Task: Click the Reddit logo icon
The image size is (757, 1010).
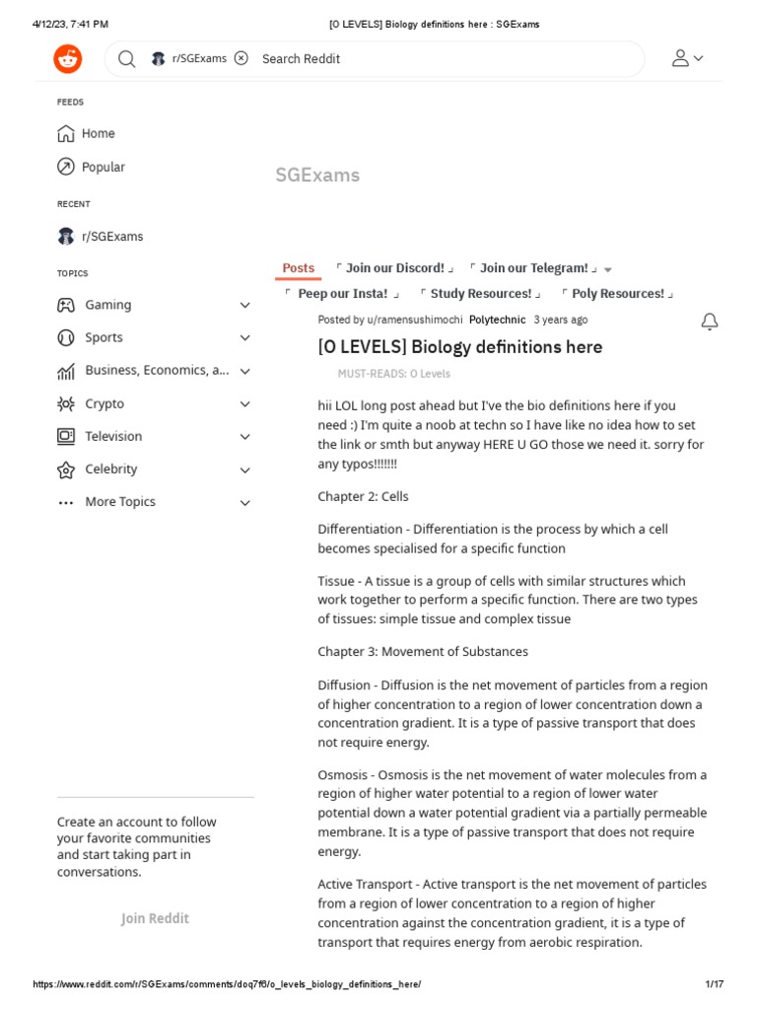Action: click(x=68, y=59)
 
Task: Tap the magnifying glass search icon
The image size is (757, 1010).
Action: click(x=127, y=59)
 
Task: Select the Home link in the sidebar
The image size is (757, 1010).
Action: click(x=98, y=133)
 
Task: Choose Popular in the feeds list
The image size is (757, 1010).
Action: click(x=103, y=167)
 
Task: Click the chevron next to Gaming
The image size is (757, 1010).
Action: click(x=245, y=306)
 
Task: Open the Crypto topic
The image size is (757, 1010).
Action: click(x=104, y=403)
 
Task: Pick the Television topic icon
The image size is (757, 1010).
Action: click(x=66, y=436)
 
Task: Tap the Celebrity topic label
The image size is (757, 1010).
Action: click(x=110, y=469)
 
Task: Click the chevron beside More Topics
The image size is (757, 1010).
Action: click(x=245, y=503)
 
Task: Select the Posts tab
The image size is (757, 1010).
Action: click(x=299, y=268)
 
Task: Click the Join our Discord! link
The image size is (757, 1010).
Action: click(x=394, y=268)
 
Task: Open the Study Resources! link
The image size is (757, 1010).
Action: click(x=481, y=294)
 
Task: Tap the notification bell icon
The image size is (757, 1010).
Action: click(x=710, y=322)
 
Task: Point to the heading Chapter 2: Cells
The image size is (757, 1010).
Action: click(x=363, y=496)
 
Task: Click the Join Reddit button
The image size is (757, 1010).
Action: click(x=155, y=918)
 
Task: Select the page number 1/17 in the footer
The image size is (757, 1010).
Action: click(x=715, y=984)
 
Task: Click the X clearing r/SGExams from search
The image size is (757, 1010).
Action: click(x=241, y=58)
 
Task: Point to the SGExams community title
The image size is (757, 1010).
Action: click(x=317, y=175)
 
